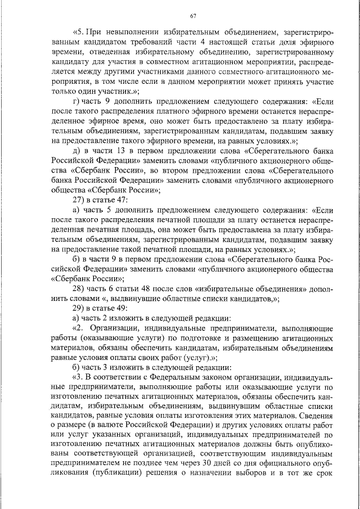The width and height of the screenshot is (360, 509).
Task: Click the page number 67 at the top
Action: click(192, 15)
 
